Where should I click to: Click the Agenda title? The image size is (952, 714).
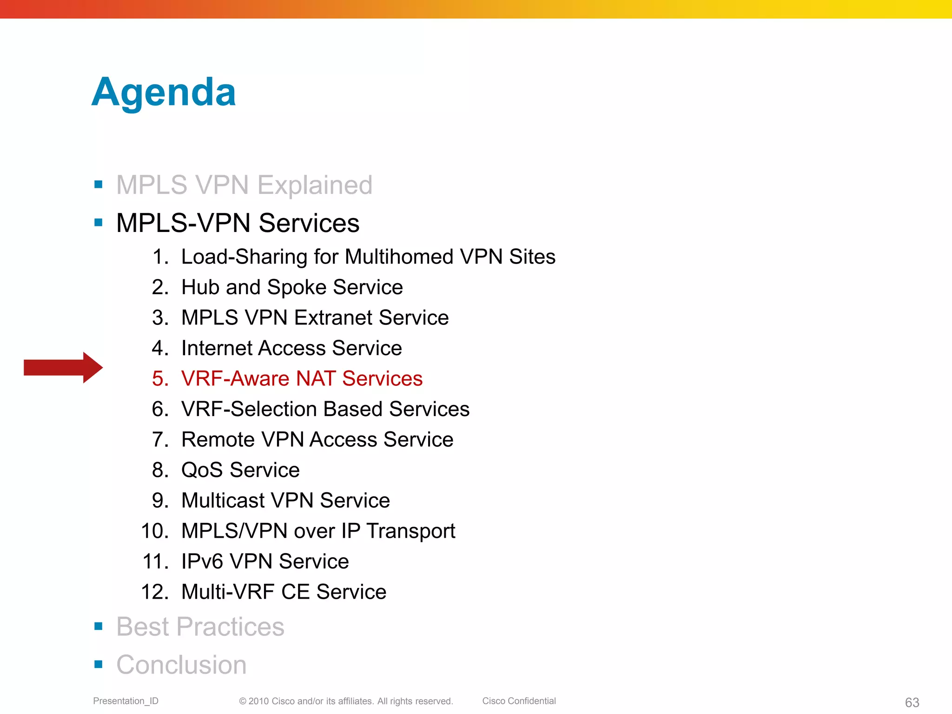[x=164, y=93]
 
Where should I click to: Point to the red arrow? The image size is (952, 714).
[x=63, y=367]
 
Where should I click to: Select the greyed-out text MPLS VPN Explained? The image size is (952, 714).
[x=244, y=185]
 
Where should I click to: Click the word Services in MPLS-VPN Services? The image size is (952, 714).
[x=309, y=223]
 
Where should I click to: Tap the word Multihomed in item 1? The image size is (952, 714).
[x=399, y=257]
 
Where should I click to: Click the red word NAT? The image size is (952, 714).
[x=316, y=378]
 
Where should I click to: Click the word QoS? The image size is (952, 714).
[x=202, y=470]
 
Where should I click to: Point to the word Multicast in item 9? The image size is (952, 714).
[x=223, y=501]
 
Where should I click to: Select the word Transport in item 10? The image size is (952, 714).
[x=410, y=531]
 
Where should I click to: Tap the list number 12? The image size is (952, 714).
[x=155, y=592]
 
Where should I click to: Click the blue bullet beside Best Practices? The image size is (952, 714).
[x=98, y=626]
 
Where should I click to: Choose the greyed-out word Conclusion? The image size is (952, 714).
[x=181, y=665]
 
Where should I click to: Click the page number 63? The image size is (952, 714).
[x=912, y=702]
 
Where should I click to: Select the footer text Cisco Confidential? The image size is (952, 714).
[x=519, y=701]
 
